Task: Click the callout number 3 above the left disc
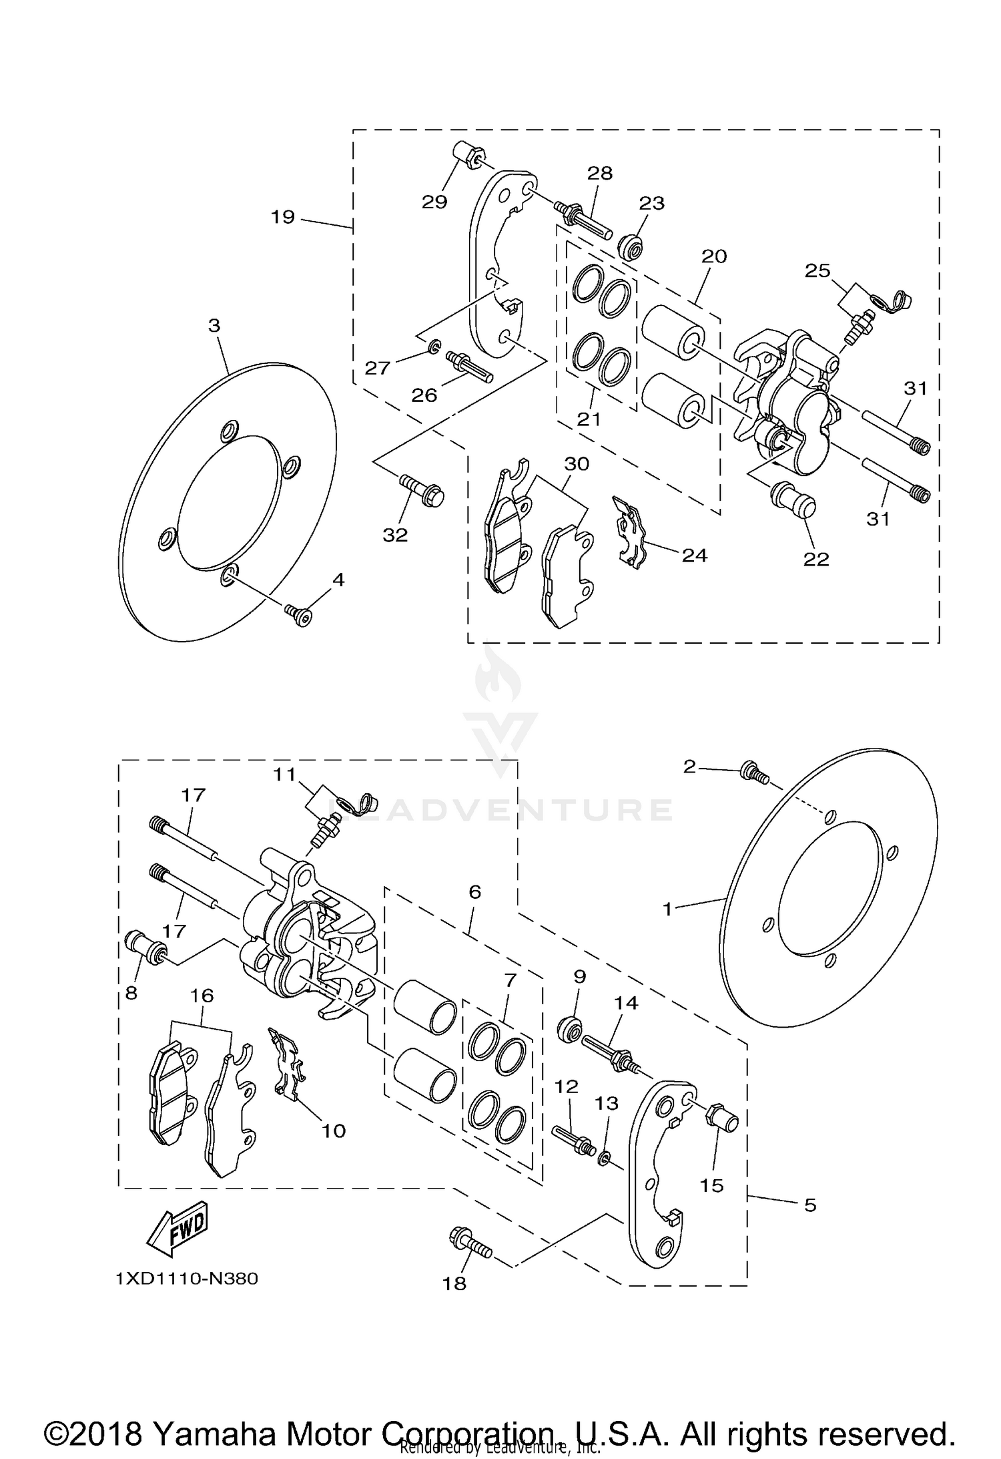pos(214,326)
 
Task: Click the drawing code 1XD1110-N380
pos(187,1278)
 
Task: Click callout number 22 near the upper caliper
pos(815,559)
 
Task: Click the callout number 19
pos(283,216)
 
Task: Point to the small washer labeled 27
pos(434,346)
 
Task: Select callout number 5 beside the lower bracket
pos(810,1205)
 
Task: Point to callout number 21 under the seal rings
pos(589,419)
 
